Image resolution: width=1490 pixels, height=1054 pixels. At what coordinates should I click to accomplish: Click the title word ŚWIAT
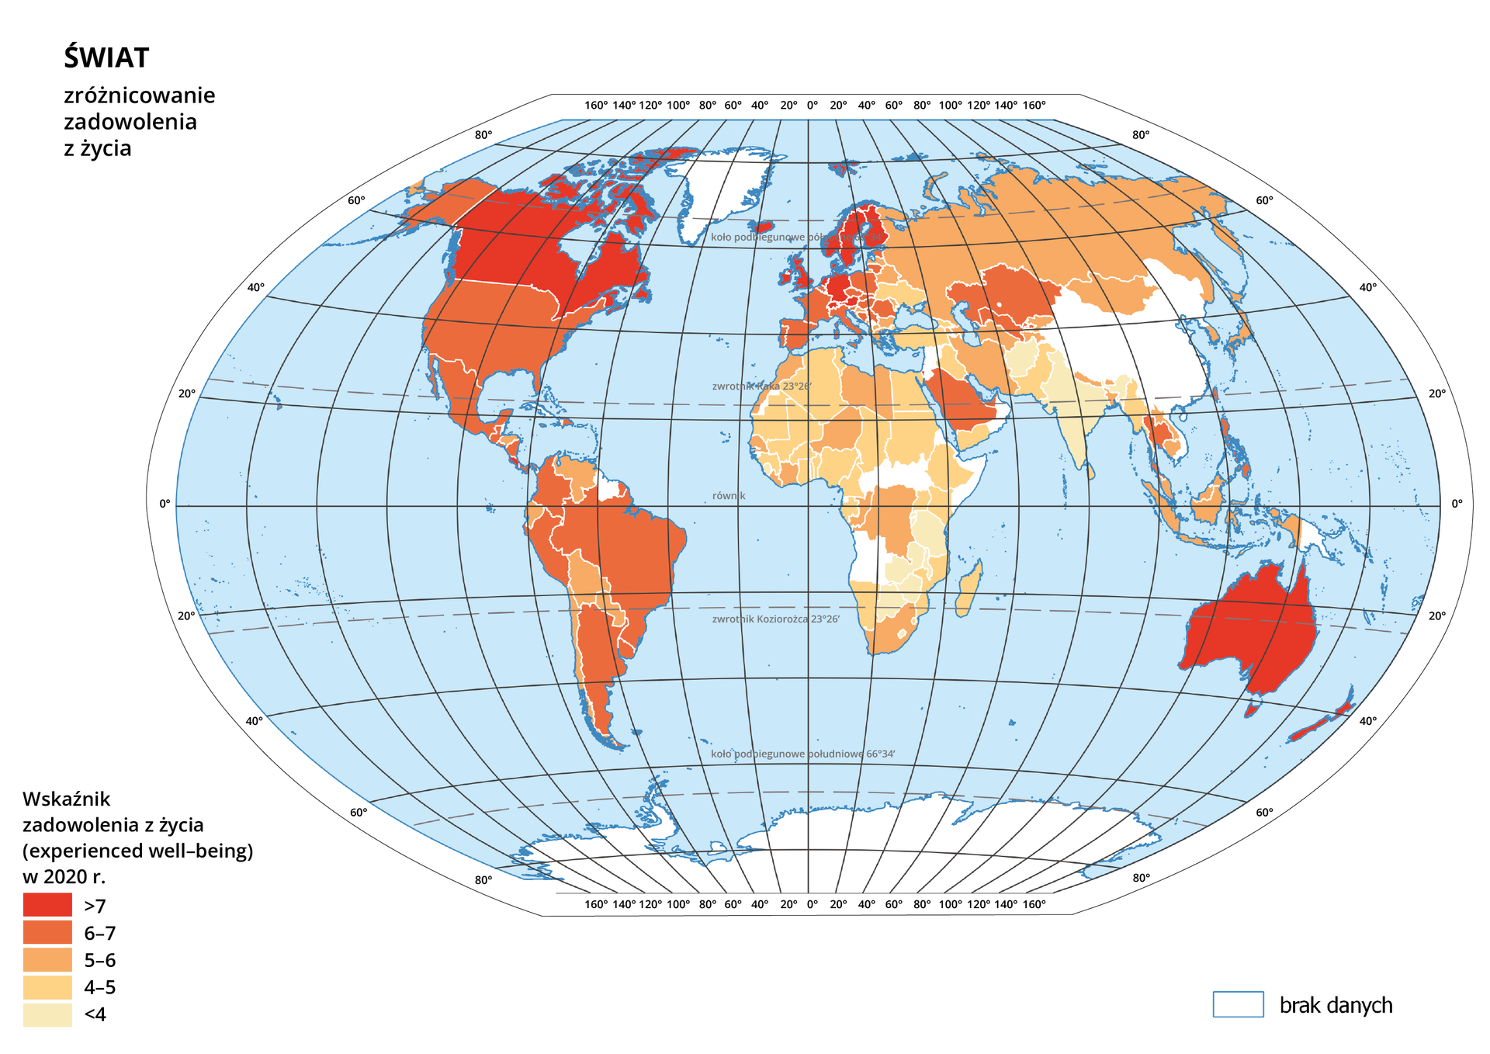coord(106,58)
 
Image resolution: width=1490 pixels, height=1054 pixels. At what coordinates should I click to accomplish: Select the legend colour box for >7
coord(47,905)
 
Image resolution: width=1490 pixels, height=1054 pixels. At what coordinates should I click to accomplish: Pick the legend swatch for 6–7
coord(47,932)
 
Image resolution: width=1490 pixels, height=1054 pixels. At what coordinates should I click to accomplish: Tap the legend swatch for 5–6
coord(47,959)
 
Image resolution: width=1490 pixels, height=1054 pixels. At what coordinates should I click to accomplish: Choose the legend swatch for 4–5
coord(47,987)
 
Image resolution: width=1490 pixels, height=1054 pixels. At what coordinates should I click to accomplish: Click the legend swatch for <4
coord(47,1014)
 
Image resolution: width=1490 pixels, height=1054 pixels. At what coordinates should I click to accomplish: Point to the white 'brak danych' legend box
coord(1238,1004)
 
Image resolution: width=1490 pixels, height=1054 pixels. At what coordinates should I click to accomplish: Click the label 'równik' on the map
coord(729,496)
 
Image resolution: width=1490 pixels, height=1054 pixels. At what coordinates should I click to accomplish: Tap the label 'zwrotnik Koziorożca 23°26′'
coord(775,619)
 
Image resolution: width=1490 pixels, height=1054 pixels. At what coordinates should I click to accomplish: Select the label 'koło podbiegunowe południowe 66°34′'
coord(802,754)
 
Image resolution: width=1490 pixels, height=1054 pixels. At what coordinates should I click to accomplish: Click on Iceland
coord(764,227)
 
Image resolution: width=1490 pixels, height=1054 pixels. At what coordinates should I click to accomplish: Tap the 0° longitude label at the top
coord(812,106)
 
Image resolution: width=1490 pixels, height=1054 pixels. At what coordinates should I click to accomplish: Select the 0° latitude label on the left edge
coord(165,504)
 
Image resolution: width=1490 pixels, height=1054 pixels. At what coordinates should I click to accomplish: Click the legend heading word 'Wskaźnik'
coord(67,799)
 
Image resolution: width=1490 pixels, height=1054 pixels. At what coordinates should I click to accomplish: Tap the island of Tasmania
coord(1252,709)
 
